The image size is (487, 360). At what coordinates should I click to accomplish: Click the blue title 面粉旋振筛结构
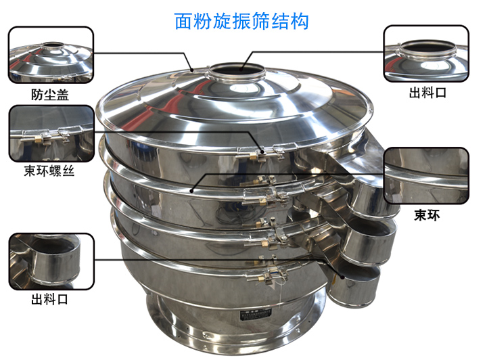coord(241,21)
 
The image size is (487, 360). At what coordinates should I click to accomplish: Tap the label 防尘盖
coord(49,95)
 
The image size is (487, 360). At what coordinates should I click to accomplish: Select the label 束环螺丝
coord(49,171)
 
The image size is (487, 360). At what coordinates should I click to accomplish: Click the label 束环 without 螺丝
coord(427,215)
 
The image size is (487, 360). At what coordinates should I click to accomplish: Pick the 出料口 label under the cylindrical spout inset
coord(49,299)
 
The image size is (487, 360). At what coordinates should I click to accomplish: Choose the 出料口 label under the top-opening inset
coord(427,93)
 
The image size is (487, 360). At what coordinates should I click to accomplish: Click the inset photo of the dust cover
coord(51,55)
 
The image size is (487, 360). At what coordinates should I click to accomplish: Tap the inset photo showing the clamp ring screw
coord(51,133)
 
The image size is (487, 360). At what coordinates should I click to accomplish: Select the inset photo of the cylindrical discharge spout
coord(51,261)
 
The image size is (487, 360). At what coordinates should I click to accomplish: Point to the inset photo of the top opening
coord(426,53)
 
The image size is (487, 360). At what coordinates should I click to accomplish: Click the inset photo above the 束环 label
coord(426,176)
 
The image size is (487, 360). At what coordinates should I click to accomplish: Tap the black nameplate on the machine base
coord(256,315)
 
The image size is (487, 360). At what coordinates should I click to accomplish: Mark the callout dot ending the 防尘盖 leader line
coord(193,70)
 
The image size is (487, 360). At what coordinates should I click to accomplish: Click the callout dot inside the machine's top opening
coord(241,70)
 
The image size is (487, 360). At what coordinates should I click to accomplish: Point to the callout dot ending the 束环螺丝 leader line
coord(262,152)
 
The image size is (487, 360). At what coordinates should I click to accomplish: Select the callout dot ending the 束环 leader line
coord(192,190)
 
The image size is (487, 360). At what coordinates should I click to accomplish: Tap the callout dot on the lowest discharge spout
coord(342,277)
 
